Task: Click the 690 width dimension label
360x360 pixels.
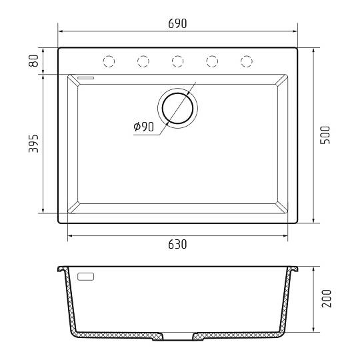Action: (177, 23)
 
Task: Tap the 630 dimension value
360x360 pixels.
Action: (177, 244)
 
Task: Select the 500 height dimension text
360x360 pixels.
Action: (325, 135)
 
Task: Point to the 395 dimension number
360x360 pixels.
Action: (33, 144)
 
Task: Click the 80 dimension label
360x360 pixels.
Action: (33, 61)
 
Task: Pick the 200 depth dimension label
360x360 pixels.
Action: (327, 299)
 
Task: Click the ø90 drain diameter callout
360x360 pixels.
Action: (144, 127)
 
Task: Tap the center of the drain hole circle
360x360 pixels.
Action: (177, 108)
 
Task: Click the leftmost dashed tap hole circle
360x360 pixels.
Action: (109, 61)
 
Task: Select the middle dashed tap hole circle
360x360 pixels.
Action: (178, 61)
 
